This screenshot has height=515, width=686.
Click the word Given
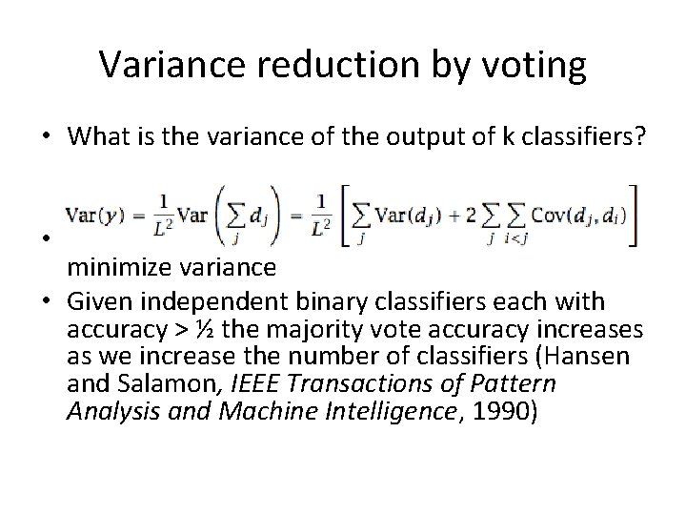tap(97, 302)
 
